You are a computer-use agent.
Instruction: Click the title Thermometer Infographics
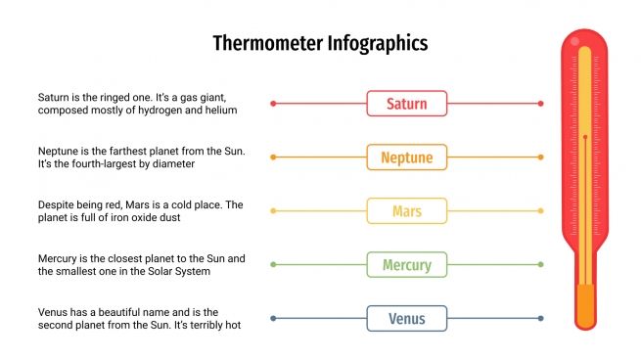(x=320, y=44)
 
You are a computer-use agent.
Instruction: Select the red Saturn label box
(x=406, y=104)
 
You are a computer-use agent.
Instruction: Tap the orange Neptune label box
(x=406, y=157)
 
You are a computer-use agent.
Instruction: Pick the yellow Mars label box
(x=406, y=210)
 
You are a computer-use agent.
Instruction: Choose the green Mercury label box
(x=406, y=264)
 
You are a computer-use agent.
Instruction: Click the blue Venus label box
(x=406, y=318)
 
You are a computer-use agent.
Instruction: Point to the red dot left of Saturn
(x=273, y=104)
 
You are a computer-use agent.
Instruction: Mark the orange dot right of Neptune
(x=540, y=157)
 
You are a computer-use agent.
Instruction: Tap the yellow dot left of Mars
(x=273, y=210)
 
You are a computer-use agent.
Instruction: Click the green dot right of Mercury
(x=540, y=264)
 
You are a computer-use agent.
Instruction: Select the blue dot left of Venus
(x=273, y=318)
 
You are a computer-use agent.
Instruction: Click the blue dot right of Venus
(x=540, y=318)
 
